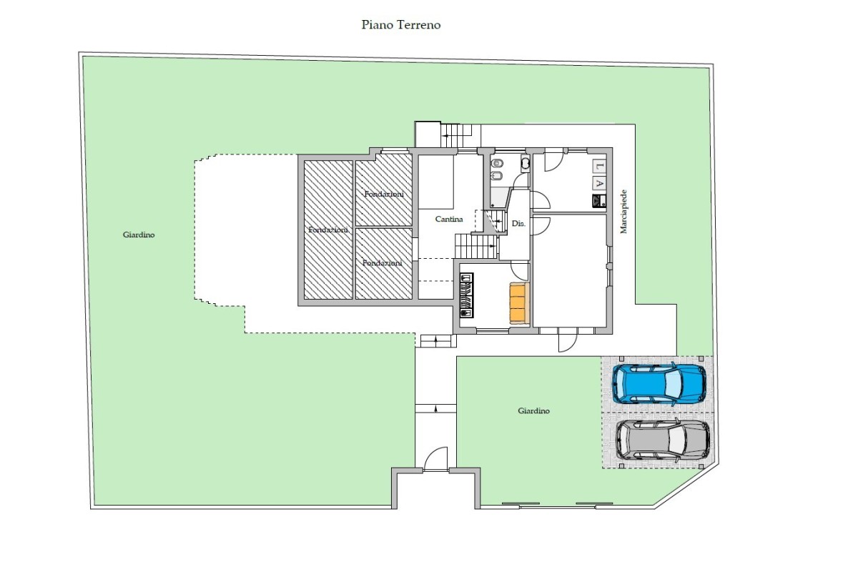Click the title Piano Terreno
401,25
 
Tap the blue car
659,384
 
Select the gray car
662,440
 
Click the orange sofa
519,303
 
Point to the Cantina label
449,219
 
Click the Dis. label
518,223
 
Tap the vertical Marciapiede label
623,212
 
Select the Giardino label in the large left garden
139,235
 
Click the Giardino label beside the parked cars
533,410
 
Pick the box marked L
599,166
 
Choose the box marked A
599,183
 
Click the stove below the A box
599,201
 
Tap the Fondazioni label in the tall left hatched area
328,230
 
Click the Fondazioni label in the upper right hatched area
384,194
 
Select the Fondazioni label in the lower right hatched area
383,263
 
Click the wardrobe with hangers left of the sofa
466,295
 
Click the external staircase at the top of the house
456,135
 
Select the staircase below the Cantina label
476,247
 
